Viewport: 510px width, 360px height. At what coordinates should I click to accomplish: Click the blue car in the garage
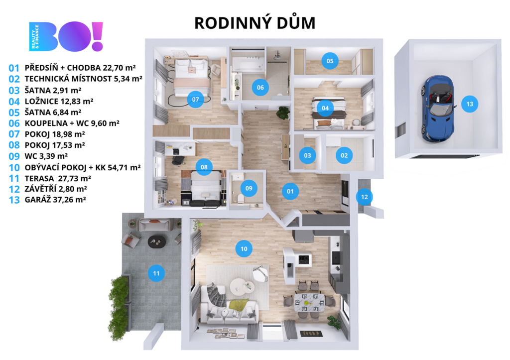click(437, 109)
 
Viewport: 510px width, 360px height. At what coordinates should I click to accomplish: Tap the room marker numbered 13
click(470, 104)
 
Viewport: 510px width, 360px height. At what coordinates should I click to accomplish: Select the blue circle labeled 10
click(244, 249)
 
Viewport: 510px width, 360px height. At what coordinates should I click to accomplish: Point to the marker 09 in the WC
click(249, 188)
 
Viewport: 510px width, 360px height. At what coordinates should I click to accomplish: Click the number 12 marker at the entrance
click(364, 197)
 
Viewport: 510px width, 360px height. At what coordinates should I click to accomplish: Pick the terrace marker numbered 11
click(156, 273)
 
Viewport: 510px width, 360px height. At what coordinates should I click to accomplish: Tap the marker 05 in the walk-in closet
click(330, 61)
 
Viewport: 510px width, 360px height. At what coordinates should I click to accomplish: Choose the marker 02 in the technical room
click(344, 155)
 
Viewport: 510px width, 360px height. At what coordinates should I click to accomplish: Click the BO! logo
click(66, 36)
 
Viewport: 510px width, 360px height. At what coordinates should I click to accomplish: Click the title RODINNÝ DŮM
click(255, 23)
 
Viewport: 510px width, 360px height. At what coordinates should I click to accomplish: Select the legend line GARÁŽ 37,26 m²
click(55, 200)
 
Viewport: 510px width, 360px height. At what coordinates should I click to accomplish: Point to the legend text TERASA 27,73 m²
click(58, 178)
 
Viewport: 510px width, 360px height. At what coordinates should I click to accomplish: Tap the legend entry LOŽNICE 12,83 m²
click(59, 101)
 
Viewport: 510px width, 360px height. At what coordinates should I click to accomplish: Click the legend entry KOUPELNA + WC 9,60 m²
click(72, 123)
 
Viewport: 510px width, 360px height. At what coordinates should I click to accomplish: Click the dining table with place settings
click(309, 303)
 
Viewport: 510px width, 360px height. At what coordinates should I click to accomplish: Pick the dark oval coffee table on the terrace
click(157, 241)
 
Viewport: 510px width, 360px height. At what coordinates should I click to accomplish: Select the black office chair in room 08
click(178, 160)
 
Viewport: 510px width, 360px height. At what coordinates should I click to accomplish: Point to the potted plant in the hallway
click(283, 113)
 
